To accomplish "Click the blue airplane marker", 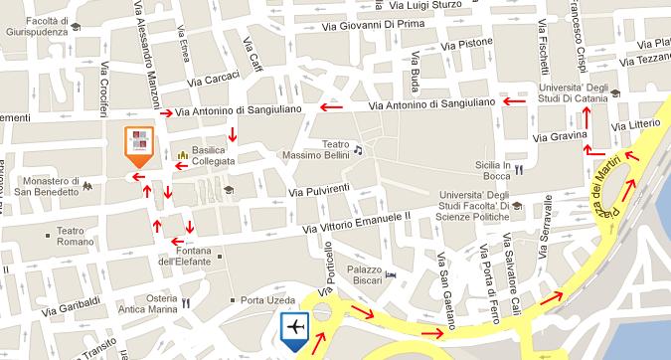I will pos(294,328).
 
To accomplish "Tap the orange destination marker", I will pos(137,143).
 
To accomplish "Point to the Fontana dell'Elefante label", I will pos(181,256).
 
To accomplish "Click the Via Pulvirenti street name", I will pos(321,191).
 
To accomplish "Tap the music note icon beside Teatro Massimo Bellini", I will pos(359,150).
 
